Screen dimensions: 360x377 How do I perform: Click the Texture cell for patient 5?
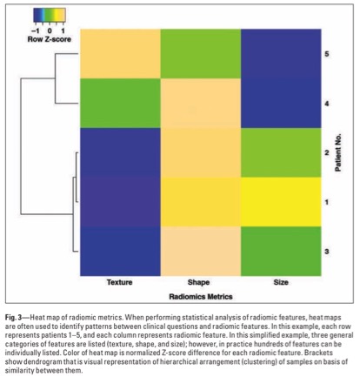click(x=120, y=54)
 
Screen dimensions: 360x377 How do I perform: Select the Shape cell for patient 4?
click(x=201, y=103)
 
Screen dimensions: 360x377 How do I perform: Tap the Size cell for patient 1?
click(x=281, y=202)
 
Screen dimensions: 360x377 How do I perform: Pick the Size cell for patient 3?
click(x=281, y=251)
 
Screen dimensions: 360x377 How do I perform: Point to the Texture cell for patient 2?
click(x=120, y=152)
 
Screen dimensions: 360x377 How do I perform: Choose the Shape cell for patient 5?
click(x=201, y=54)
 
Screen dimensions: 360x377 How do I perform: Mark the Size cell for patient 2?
click(x=281, y=152)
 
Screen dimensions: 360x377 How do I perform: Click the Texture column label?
click(x=119, y=282)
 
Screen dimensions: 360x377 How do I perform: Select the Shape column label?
click(x=198, y=282)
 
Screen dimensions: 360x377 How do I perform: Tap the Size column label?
click(x=281, y=282)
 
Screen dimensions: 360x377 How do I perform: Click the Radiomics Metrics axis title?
click(x=201, y=297)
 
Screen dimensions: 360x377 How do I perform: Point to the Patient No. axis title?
click(x=338, y=152)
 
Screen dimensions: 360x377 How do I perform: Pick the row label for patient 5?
click(x=327, y=54)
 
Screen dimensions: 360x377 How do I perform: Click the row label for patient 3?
click(x=327, y=252)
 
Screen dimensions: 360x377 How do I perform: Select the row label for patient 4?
click(x=327, y=104)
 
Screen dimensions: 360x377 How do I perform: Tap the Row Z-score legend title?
click(x=50, y=39)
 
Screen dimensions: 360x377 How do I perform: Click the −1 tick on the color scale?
click(x=36, y=30)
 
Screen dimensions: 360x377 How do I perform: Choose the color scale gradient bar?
click(x=50, y=16)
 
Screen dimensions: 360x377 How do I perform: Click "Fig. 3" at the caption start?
click(x=13, y=318)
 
